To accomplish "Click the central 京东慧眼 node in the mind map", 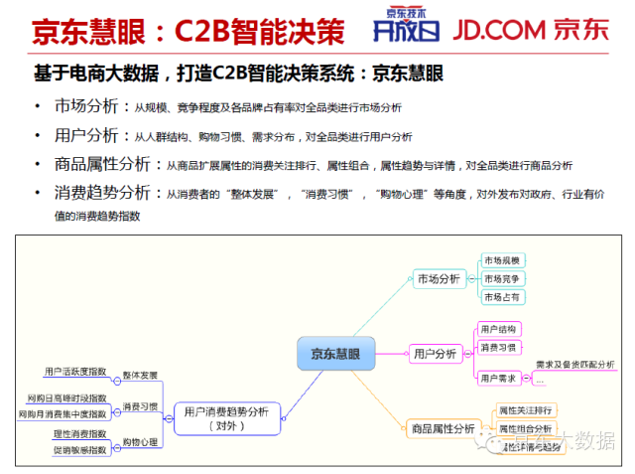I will (x=335, y=353).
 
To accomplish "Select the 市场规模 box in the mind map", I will (x=502, y=260).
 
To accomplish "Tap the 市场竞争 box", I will (x=502, y=278).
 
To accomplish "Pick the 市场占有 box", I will (x=502, y=296).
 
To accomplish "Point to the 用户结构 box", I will (x=497, y=329).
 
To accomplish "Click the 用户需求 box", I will (x=497, y=378).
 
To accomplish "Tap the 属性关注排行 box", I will (x=525, y=409).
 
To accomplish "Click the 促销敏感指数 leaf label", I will (x=79, y=449).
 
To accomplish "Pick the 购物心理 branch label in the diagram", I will (x=140, y=441).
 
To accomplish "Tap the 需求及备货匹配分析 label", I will (x=574, y=365).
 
